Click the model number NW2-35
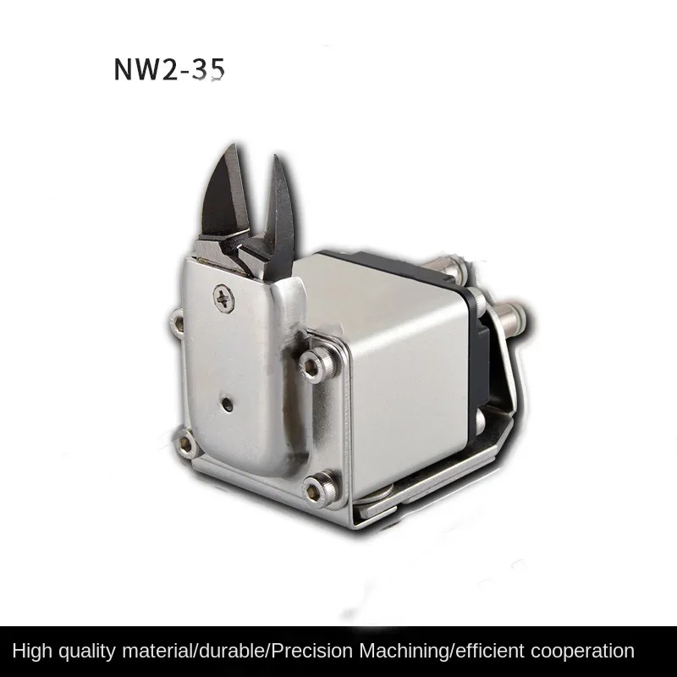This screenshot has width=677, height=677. [169, 70]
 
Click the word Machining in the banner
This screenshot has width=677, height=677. [416, 651]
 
